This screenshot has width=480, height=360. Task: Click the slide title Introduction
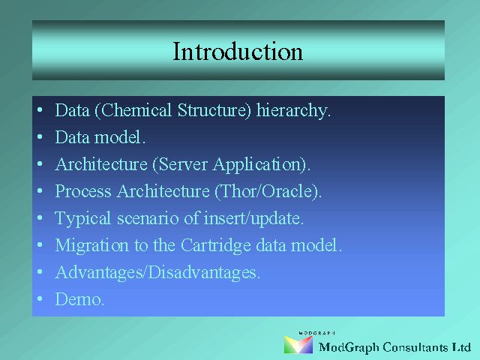pyautogui.click(x=238, y=52)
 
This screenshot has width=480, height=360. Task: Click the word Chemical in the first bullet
pyautogui.click(x=136, y=110)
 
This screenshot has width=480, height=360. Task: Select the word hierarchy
pyautogui.click(x=293, y=110)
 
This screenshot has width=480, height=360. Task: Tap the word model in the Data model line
pyautogui.click(x=119, y=136)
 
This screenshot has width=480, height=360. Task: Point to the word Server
pyautogui.click(x=183, y=164)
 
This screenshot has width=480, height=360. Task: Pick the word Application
pyautogui.click(x=259, y=165)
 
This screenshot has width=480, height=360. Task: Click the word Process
pyautogui.click(x=83, y=191)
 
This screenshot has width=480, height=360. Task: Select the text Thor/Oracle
pyautogui.click(x=266, y=191)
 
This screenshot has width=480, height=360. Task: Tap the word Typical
pyautogui.click(x=82, y=219)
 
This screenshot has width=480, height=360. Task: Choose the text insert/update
pyautogui.click(x=253, y=218)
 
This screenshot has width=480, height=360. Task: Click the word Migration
pyautogui.click(x=91, y=246)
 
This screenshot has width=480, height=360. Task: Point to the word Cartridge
pyautogui.click(x=216, y=246)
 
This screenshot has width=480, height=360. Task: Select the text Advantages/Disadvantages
pyautogui.click(x=157, y=273)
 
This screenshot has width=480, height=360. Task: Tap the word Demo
pyautogui.click(x=79, y=299)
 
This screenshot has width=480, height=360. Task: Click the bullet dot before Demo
pyautogui.click(x=40, y=298)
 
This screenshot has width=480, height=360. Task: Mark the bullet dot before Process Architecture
pyautogui.click(x=40, y=190)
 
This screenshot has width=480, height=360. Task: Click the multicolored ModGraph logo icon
pyautogui.click(x=298, y=345)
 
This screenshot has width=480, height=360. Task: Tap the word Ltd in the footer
pyautogui.click(x=462, y=347)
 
